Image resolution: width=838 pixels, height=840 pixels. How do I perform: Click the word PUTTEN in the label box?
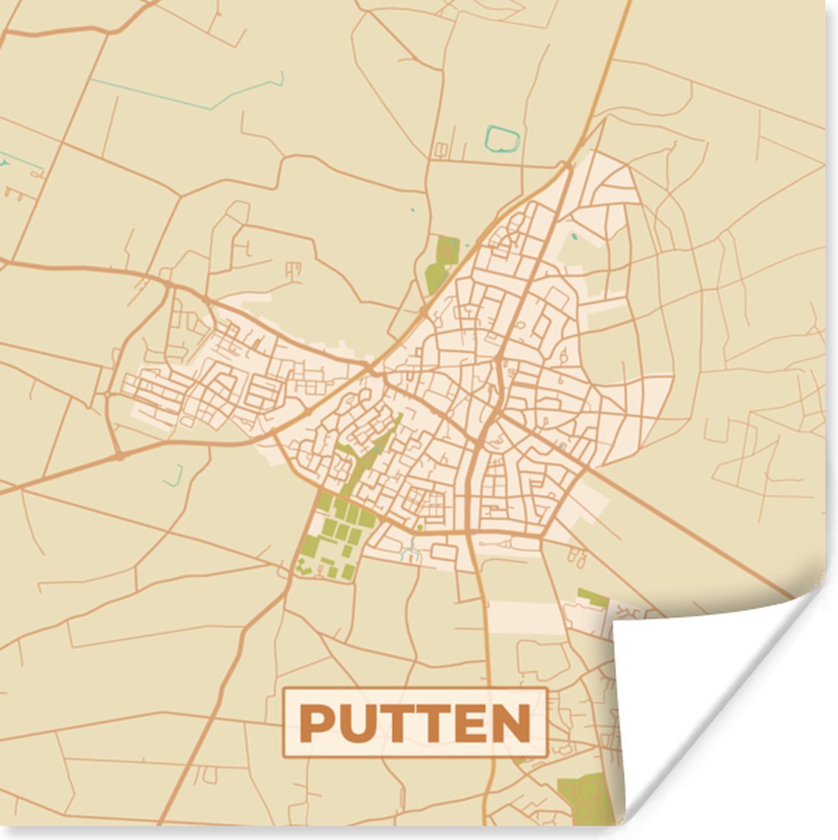click(x=414, y=723)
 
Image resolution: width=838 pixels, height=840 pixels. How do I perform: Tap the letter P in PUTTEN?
click(x=315, y=723)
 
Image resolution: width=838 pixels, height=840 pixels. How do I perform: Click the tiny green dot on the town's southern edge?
click(x=420, y=527)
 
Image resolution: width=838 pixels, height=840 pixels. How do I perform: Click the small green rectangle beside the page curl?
click(x=592, y=596)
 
